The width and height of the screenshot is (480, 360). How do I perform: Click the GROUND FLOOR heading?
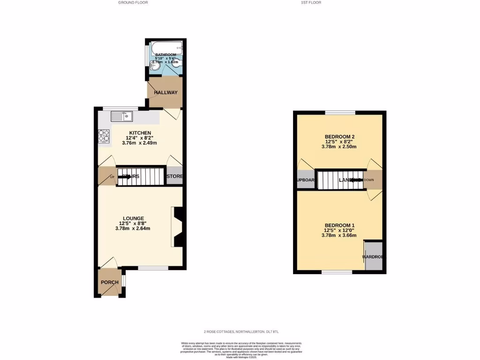coord(133,2)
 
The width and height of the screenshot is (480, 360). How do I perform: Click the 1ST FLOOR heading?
coord(311,2)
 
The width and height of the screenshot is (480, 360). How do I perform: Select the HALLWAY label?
coord(166,92)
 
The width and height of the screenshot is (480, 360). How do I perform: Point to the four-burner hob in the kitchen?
coord(104,136)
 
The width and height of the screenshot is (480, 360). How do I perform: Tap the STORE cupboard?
coord(175,177)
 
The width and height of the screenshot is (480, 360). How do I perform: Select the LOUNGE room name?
coord(133,218)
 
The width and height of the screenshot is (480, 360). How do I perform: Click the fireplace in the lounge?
coord(178,227)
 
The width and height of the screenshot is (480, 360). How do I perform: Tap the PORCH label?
coord(109,282)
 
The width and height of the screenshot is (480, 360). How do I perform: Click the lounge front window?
coord(153,268)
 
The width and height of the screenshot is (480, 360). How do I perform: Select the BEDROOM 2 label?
coord(339,136)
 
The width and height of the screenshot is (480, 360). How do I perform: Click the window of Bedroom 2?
coord(340,112)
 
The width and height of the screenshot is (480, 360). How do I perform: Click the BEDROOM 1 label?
coord(339,225)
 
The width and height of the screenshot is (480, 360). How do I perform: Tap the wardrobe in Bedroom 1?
coord(374,256)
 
